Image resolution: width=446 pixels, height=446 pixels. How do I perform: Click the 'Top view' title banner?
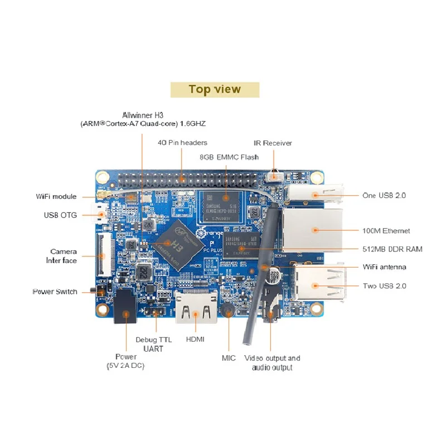pos(215,89)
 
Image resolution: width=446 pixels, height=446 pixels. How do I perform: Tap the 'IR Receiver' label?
pos(273,143)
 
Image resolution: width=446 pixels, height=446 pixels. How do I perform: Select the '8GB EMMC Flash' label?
pos(229,157)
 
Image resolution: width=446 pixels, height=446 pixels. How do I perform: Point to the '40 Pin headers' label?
pos(182,143)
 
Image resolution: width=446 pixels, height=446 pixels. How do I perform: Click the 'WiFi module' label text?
pos(56,197)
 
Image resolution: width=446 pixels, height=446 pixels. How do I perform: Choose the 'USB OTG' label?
pos(60,215)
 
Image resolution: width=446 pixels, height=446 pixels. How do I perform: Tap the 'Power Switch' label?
pos(55,292)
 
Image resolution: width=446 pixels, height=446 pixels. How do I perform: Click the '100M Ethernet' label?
pos(386,230)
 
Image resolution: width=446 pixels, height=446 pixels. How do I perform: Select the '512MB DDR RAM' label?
pos(392,249)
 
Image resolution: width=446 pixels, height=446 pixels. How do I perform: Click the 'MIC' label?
pos(229,358)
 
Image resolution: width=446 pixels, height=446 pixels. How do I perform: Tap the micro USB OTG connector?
pos(101,215)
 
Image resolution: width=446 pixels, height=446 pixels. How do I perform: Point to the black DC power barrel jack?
pos(125,309)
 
